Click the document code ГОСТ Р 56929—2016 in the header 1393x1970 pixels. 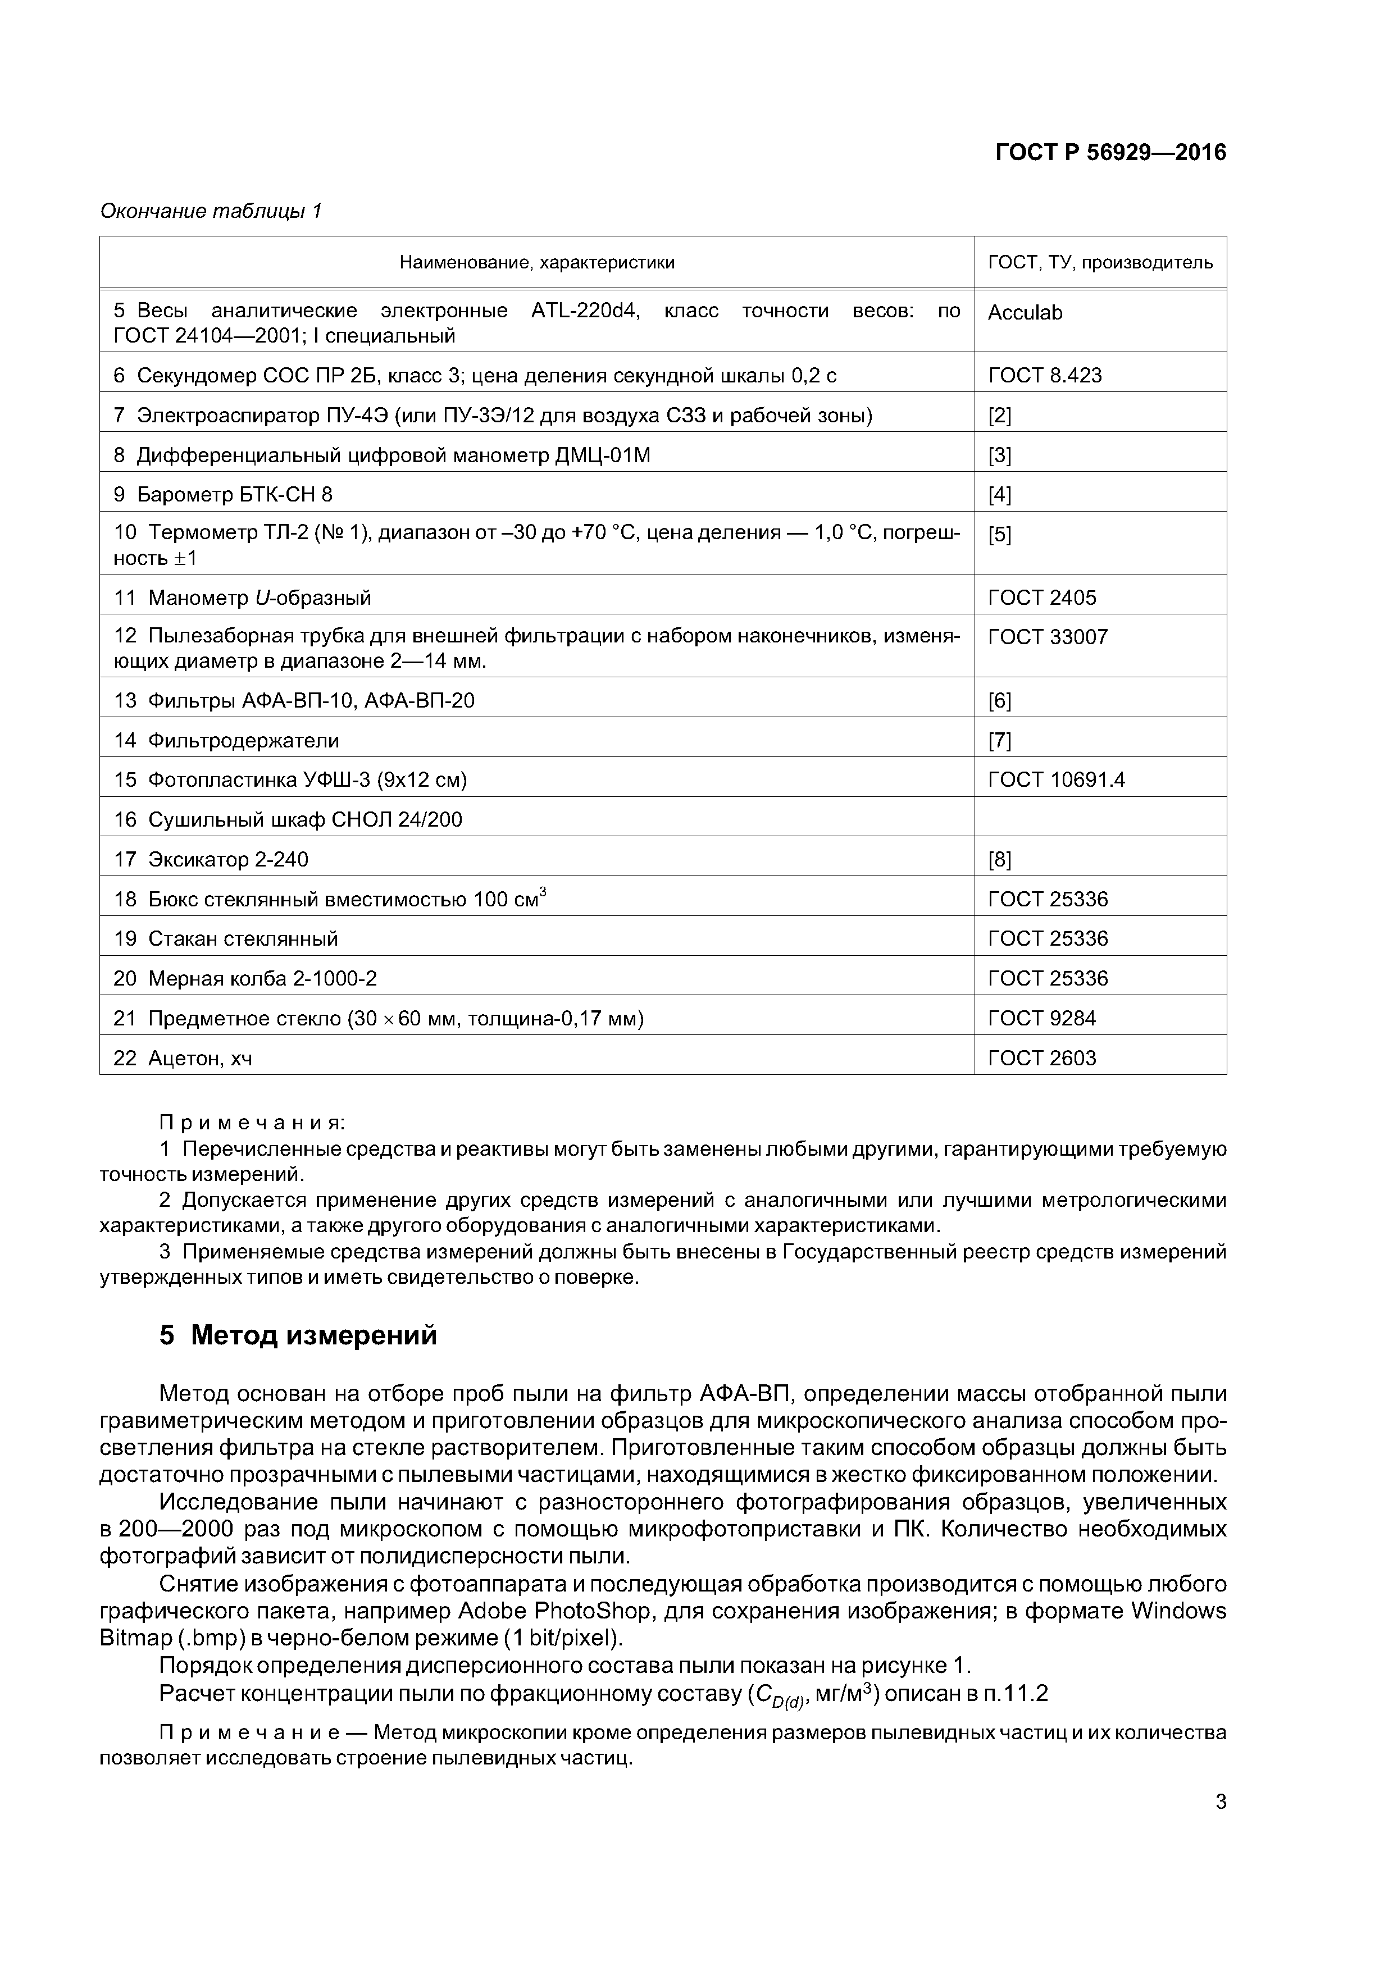tap(1110, 153)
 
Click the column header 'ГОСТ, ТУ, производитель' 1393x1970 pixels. tap(1100, 263)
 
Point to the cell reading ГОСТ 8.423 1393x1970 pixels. tap(1045, 376)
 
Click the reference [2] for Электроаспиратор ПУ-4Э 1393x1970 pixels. tap(999, 416)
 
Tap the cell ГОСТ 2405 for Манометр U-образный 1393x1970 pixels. tap(1042, 598)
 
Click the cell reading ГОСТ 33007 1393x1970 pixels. tap(1047, 637)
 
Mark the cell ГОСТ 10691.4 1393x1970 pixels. tap(1055, 780)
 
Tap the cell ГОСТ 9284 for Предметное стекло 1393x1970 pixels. tap(1042, 1019)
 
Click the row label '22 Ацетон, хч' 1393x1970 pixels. tap(183, 1059)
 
